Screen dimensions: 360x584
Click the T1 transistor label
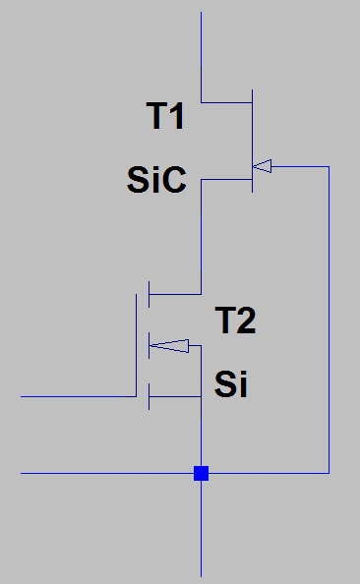[x=165, y=116]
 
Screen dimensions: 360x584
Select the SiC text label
[x=156, y=180]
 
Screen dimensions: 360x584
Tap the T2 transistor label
[x=235, y=321]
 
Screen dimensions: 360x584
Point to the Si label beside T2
[x=231, y=384]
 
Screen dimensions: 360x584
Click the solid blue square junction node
[x=202, y=473]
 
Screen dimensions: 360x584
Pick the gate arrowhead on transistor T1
[x=262, y=166]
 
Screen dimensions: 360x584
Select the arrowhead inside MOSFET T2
[x=169, y=346]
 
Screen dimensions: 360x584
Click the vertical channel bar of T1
[x=253, y=141]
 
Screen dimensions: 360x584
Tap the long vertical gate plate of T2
[x=136, y=345]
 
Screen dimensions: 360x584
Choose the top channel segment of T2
[x=149, y=294]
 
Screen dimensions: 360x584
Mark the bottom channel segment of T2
[x=149, y=396]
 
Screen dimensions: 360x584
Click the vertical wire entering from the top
[x=202, y=57]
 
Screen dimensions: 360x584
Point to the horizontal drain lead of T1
[x=226, y=102]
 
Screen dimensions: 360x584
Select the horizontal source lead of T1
[x=226, y=180]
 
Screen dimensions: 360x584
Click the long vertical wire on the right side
[x=329, y=320]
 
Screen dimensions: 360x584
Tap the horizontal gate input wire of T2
[x=79, y=396]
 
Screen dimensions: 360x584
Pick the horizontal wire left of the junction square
[x=107, y=473]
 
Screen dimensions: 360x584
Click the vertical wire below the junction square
[x=202, y=529]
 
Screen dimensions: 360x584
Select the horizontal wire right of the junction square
[x=269, y=473]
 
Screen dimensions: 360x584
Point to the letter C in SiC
[x=174, y=180]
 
